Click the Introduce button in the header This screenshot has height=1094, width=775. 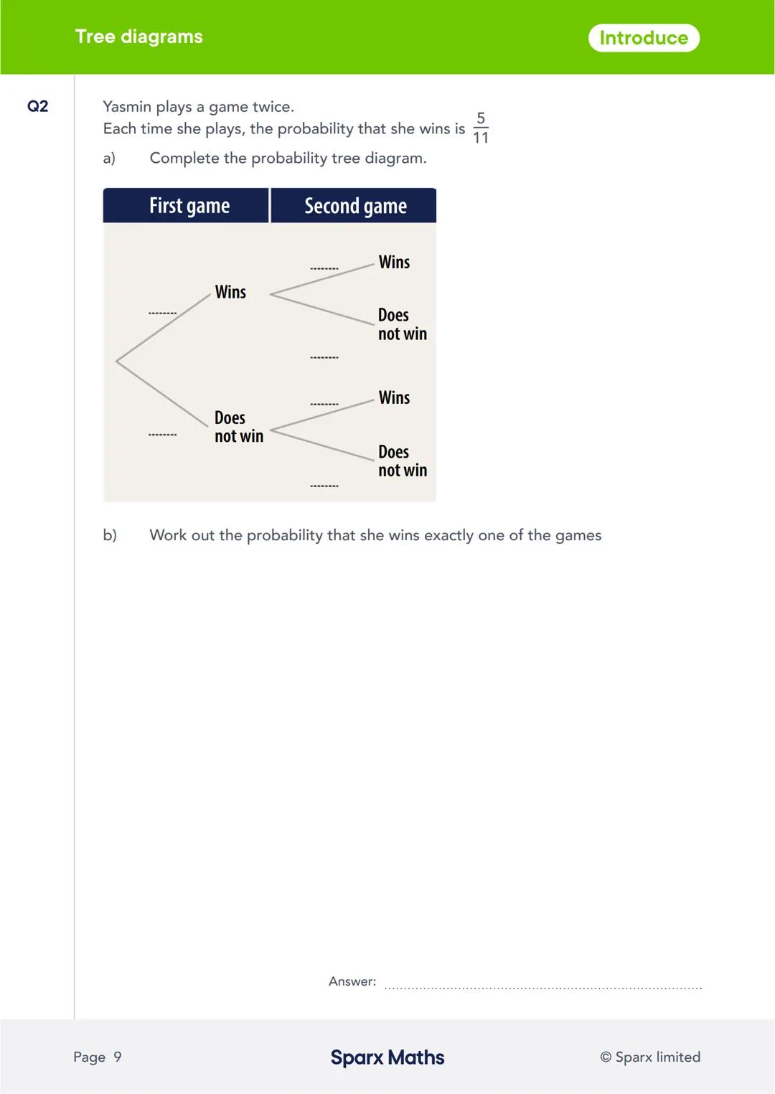point(644,38)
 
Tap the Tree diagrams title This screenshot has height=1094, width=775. point(138,37)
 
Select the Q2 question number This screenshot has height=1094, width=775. point(37,106)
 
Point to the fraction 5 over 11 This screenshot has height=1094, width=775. point(481,128)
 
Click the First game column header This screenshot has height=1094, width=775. point(189,206)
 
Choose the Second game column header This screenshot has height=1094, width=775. point(355,206)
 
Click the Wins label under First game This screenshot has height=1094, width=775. point(230,292)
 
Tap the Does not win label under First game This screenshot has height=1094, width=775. point(238,427)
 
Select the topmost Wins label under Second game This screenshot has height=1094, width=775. point(394,262)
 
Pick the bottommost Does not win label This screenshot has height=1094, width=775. point(402,461)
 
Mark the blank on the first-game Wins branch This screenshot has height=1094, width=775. point(163,313)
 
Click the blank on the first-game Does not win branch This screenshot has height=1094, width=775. point(163,434)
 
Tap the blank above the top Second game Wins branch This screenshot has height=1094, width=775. point(324,268)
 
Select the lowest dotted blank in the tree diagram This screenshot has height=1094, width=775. point(324,486)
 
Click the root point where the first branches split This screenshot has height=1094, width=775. point(117,361)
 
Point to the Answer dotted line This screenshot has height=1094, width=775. point(543,987)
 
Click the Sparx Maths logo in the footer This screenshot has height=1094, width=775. point(387,1057)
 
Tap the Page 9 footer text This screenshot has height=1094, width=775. point(98,1057)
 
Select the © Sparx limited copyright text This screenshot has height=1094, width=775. point(650,1057)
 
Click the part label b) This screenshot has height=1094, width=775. point(110,535)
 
